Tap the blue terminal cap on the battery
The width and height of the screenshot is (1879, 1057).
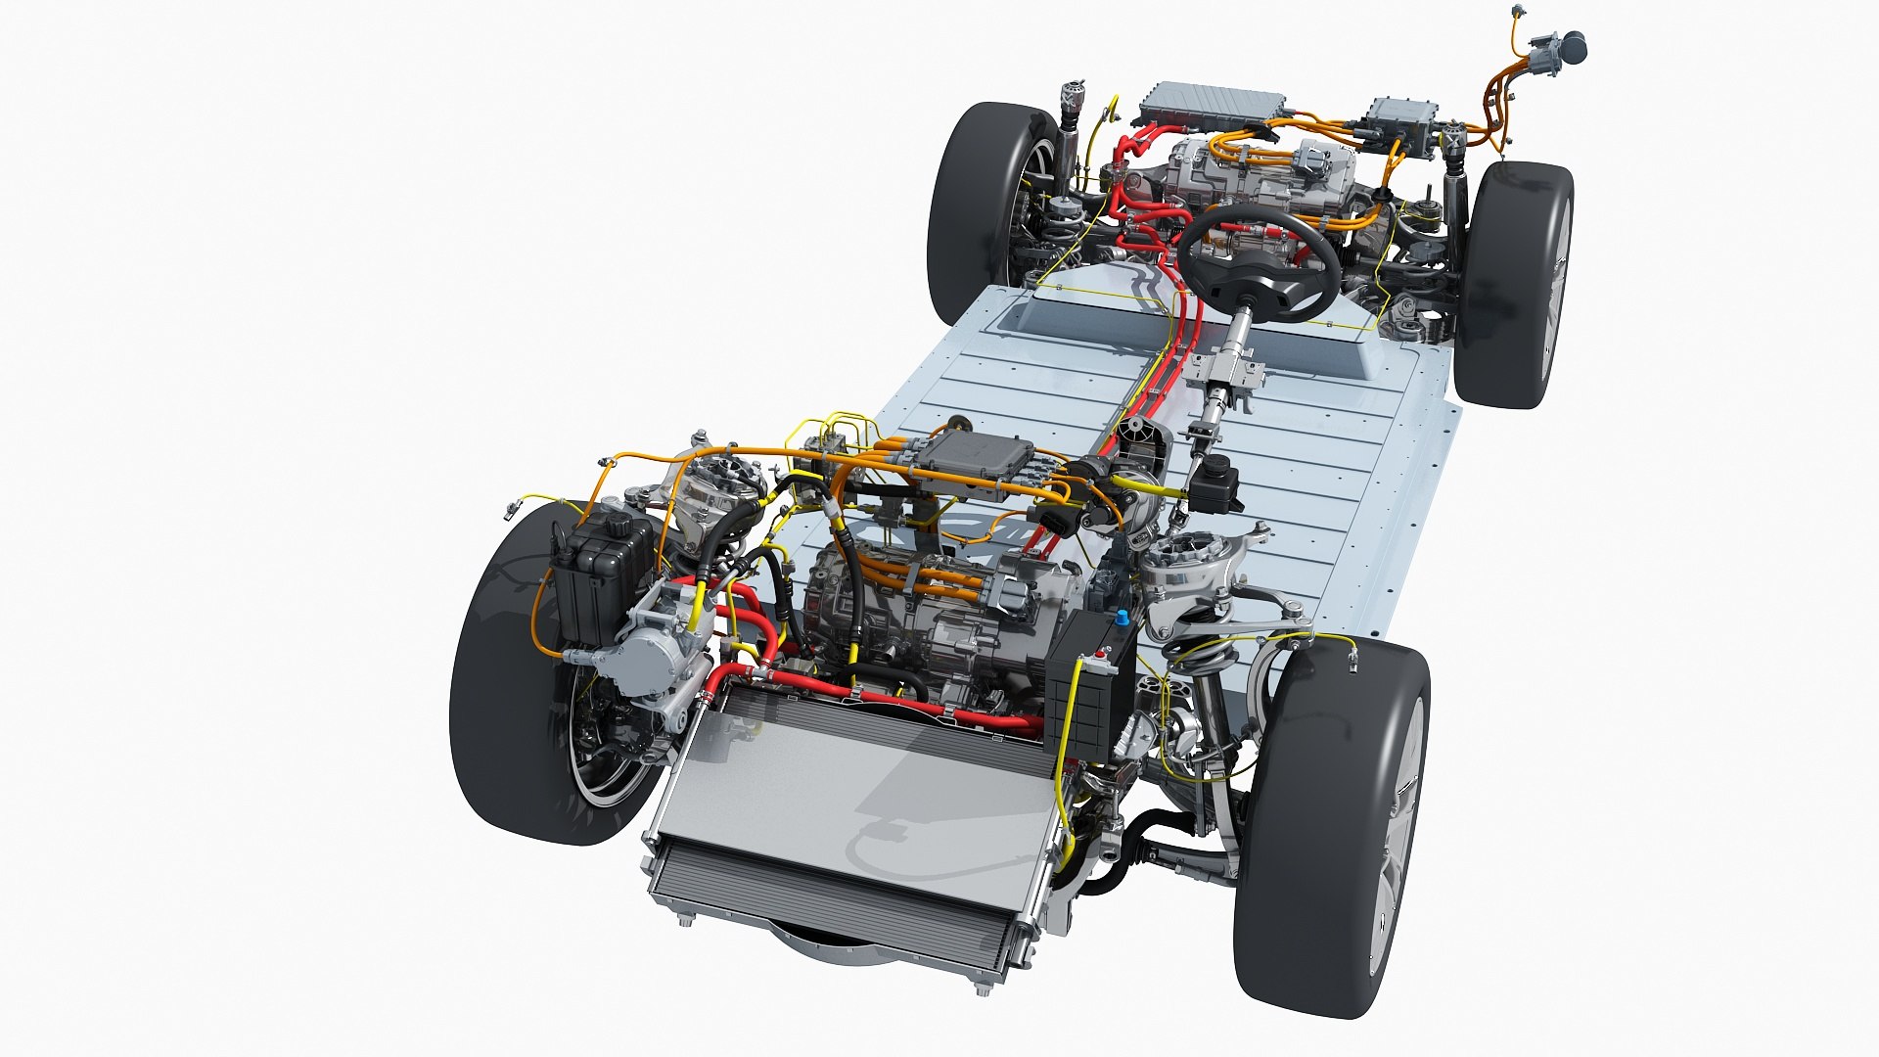click(x=1122, y=619)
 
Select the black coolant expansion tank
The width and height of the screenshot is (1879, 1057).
click(x=599, y=577)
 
